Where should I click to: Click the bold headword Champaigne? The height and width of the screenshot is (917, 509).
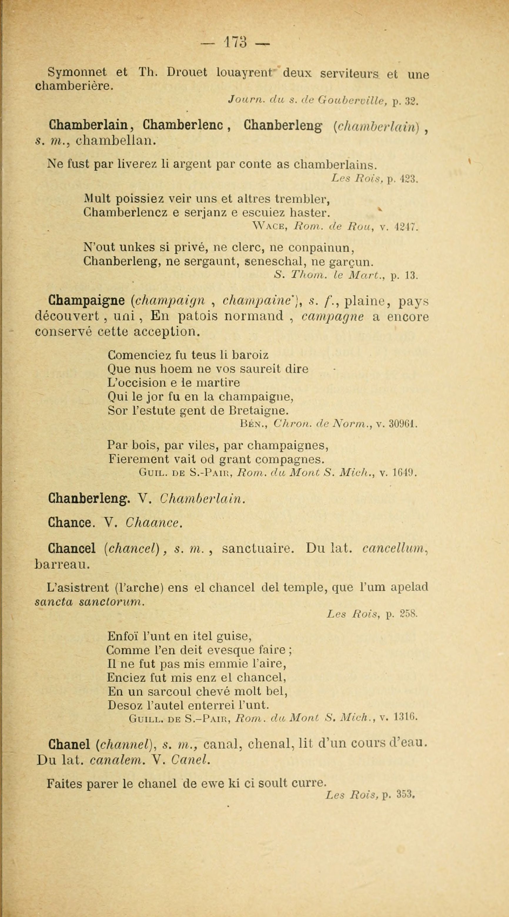[86, 301]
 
